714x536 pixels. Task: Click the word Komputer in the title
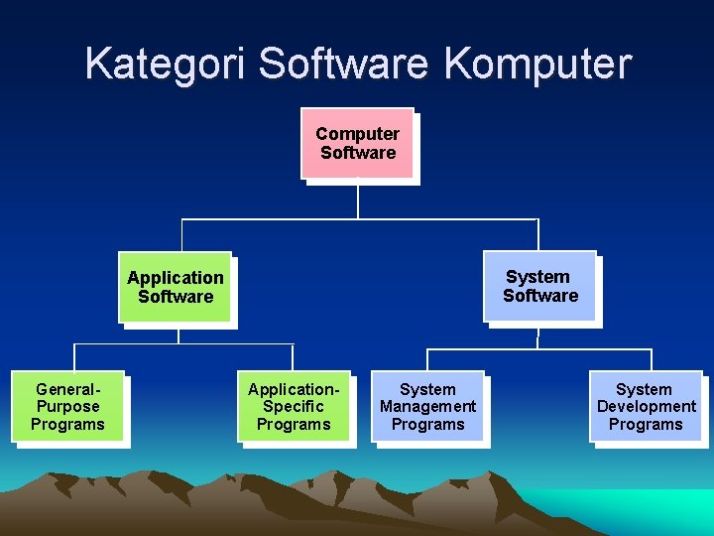point(537,64)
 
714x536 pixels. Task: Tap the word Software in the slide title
point(342,64)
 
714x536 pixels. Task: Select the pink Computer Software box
point(357,143)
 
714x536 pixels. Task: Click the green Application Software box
point(175,287)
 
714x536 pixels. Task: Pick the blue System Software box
point(539,286)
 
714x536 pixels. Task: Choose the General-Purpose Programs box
point(67,407)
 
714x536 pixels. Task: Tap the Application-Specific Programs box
point(294,407)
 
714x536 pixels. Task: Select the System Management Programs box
point(427,407)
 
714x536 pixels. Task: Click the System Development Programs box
point(646,407)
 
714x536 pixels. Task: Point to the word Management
point(427,407)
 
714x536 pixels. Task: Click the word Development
point(647,407)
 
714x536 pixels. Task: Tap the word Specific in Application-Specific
point(294,407)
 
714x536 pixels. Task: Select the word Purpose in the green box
point(67,407)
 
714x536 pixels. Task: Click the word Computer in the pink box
point(357,134)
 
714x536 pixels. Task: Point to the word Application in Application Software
point(176,278)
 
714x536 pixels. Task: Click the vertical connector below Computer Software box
point(358,199)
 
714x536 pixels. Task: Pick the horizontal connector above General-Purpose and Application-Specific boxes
point(183,344)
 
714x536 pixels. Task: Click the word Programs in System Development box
point(646,425)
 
